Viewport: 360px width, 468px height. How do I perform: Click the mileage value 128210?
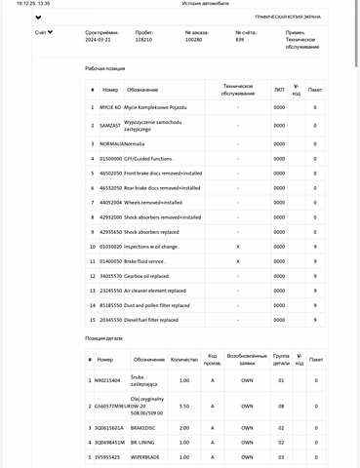point(144,40)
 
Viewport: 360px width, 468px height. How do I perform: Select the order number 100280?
point(193,40)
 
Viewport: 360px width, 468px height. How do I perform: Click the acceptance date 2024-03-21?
point(98,40)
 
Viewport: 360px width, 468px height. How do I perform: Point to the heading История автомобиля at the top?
point(180,5)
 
